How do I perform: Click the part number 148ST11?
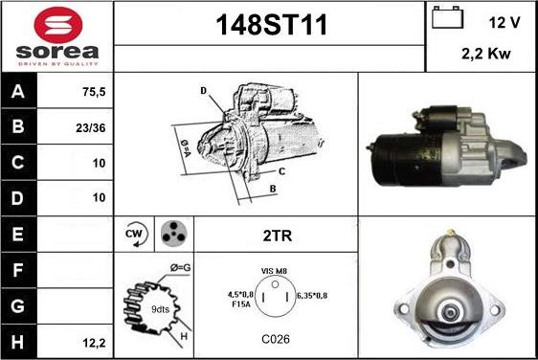pos(271,25)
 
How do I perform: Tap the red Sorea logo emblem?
pos(58,25)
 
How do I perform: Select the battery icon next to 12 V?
pos(447,17)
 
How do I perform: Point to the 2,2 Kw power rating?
pos(486,54)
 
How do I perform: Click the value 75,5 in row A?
pos(94,92)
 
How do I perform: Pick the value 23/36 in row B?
pos(91,128)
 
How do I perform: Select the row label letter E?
pos(17,234)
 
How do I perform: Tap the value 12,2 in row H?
pos(94,343)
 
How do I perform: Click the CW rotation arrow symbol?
pos(136,234)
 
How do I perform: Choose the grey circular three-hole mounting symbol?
pos(173,234)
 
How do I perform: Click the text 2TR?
pos(278,236)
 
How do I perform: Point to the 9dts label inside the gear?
pos(160,309)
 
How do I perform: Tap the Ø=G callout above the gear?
pos(181,268)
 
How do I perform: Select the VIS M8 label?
pos(274,271)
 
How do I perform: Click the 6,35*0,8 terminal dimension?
pos(311,296)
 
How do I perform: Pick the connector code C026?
pos(276,339)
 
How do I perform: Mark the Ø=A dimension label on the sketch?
pos(186,148)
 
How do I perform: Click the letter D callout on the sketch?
pos(204,91)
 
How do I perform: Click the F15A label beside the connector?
pos(241,304)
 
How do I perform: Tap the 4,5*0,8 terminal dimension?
pos(240,295)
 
